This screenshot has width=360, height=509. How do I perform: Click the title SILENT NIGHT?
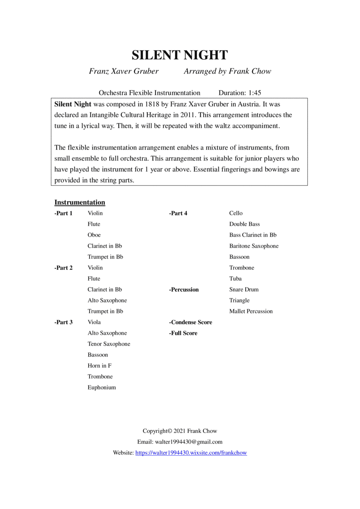pyautogui.click(x=180, y=55)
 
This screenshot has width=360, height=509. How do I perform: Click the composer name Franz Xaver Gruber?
pyautogui.click(x=124, y=72)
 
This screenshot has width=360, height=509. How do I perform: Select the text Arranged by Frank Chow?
pyautogui.click(x=227, y=72)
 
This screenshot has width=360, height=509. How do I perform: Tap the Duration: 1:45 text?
pyautogui.click(x=240, y=93)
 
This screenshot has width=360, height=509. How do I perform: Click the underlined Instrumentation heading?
pyautogui.click(x=80, y=202)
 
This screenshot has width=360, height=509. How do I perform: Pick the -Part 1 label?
pyautogui.click(x=63, y=213)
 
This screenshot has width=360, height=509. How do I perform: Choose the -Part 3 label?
pyautogui.click(x=63, y=322)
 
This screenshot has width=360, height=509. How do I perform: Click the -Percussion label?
pyautogui.click(x=184, y=289)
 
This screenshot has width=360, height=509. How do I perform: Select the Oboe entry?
pyautogui.click(x=94, y=235)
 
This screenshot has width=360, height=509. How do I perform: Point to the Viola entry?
pyautogui.click(x=94, y=322)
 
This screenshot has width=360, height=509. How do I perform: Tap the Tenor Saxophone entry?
pyautogui.click(x=109, y=344)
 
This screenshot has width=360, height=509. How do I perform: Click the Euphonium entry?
pyautogui.click(x=102, y=387)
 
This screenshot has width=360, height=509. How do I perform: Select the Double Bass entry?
pyautogui.click(x=244, y=224)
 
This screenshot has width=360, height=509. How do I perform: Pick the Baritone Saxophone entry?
pyautogui.click(x=254, y=246)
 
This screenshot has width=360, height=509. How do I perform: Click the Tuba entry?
pyautogui.click(x=235, y=279)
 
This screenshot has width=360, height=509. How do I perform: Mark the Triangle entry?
pyautogui.click(x=239, y=300)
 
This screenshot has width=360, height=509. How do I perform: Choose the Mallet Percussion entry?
pyautogui.click(x=251, y=311)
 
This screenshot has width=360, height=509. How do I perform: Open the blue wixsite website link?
pyautogui.click(x=191, y=453)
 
